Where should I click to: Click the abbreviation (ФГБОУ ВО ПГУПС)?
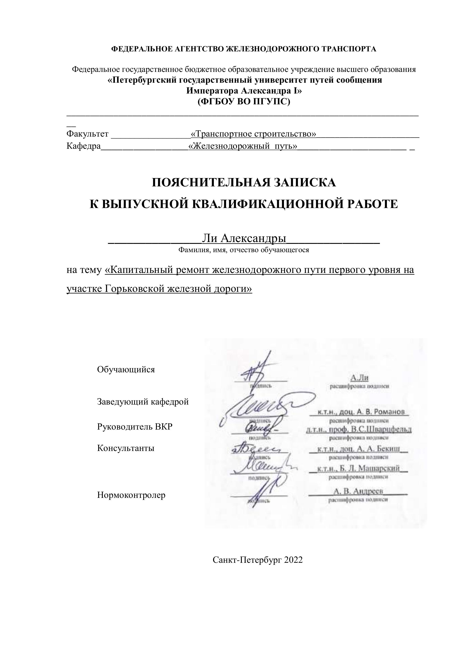point(244,102)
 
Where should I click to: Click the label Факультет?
point(87,134)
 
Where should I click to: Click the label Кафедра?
point(84,146)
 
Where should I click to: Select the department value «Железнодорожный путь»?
point(243,146)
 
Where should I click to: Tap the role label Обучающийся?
point(126,369)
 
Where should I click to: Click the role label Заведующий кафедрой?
point(143,402)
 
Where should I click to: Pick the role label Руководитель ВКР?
point(135,427)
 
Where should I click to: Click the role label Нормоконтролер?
point(131,495)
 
